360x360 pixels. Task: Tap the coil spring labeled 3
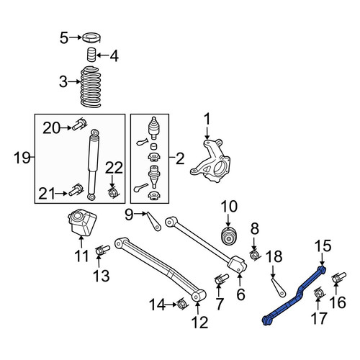91,86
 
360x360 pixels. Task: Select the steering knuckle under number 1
210,161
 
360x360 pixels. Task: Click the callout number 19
22,158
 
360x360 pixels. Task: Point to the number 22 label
114,168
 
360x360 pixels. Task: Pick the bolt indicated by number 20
79,125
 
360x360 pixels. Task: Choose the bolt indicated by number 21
76,190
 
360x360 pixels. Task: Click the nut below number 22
112,192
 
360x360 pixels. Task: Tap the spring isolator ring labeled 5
92,38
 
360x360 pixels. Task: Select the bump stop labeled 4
91,55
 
